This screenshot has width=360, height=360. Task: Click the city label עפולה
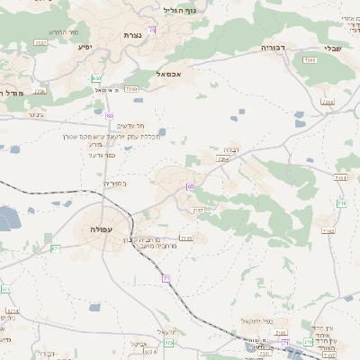click(101, 230)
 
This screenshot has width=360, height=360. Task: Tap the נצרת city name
click(133, 35)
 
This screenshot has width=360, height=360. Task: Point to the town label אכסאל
click(170, 74)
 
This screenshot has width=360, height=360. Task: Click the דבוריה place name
click(273, 47)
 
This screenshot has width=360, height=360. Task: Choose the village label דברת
click(229, 150)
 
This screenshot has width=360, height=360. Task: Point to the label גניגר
click(36, 114)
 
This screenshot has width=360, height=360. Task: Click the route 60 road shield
click(109, 115)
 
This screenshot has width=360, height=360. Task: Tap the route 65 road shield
click(191, 186)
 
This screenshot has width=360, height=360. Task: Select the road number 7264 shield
click(224, 158)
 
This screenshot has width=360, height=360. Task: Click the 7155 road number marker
click(186, 238)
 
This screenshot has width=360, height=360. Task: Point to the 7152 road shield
click(325, 231)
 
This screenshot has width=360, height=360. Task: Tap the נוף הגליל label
click(181, 11)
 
